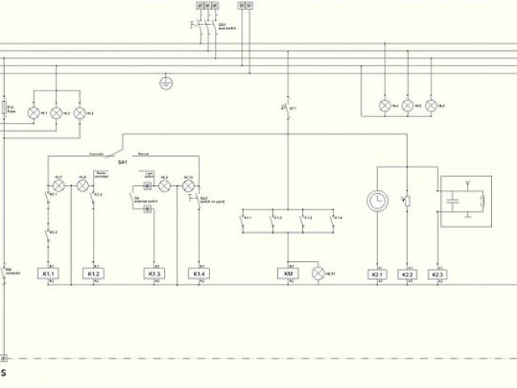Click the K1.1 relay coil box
coord(48,275)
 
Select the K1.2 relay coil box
coord(93,275)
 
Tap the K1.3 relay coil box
coord(153,275)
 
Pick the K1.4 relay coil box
coord(198,275)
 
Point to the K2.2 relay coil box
coord(407,275)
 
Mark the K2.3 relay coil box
coord(438,275)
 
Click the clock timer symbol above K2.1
coord(377,200)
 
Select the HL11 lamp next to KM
coord(317,275)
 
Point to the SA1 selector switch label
coord(124,162)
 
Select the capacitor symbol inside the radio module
coord(453,197)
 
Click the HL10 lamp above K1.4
coord(190,186)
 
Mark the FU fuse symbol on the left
coord(5,108)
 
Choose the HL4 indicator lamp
coord(385,106)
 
